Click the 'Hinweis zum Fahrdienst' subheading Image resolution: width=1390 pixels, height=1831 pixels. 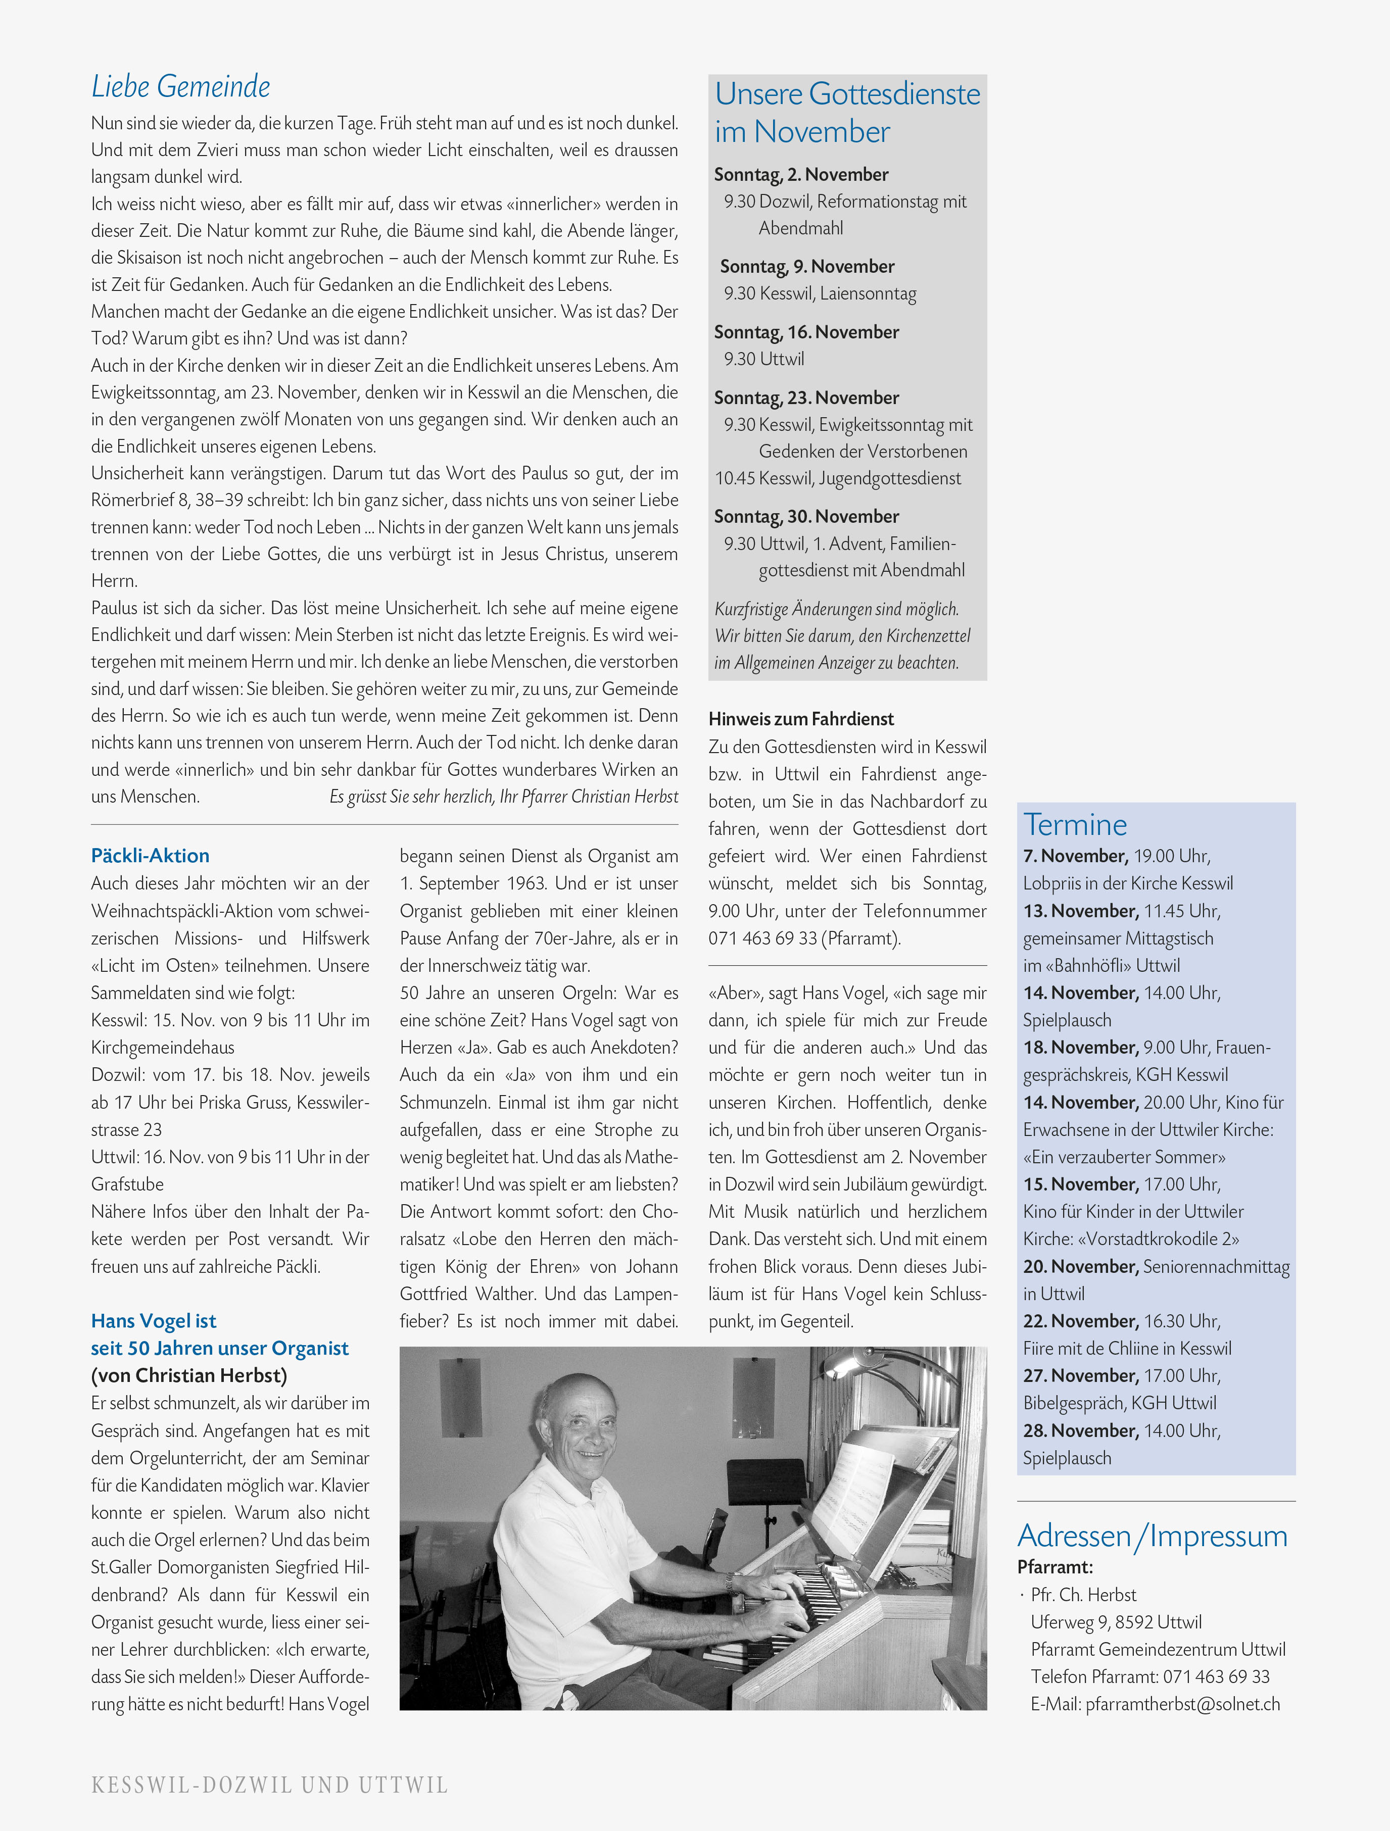click(x=800, y=718)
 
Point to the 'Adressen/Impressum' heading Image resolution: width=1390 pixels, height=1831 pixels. click(x=1152, y=1536)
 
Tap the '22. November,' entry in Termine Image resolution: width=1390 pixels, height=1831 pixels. click(x=1080, y=1321)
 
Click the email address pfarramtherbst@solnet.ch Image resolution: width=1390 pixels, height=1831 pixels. click(x=1182, y=1704)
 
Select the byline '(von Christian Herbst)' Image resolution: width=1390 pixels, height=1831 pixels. click(x=189, y=1376)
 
